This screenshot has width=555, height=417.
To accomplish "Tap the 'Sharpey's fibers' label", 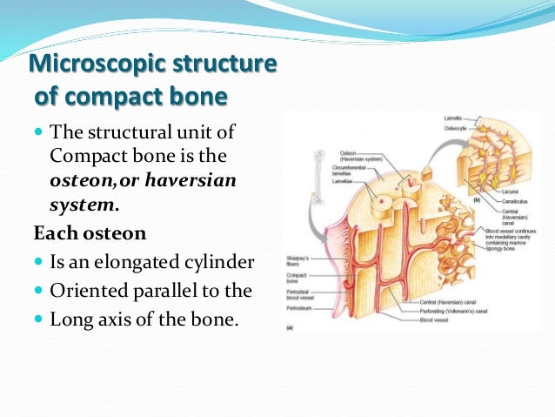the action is pos(298,260).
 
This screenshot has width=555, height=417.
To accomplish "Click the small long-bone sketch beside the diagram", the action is pos(296,191).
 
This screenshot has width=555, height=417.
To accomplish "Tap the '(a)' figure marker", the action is pos(290,329).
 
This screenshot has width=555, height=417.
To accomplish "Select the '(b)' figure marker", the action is pos(477,199).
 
